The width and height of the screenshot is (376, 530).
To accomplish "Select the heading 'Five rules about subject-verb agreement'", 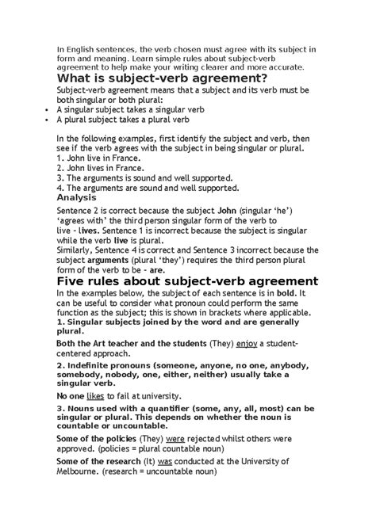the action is (187, 281).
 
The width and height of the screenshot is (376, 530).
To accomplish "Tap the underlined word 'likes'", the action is (96, 395).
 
